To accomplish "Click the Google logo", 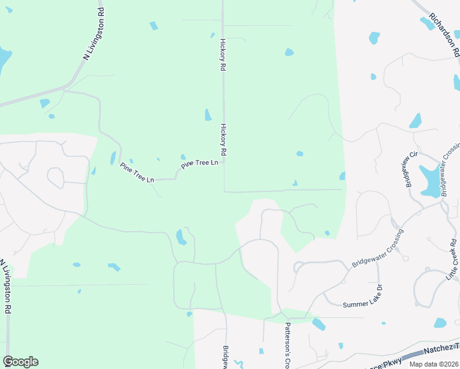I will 20,362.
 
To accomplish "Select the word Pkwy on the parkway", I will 392,360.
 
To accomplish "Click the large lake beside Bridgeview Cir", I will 432,180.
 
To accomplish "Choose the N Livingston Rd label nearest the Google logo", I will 7,287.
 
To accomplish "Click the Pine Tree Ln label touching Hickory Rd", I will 200,164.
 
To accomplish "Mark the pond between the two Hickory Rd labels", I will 208,115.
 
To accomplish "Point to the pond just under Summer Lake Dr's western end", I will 319,324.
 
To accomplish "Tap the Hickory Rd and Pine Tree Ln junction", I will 223,163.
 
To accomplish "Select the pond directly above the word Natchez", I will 440,322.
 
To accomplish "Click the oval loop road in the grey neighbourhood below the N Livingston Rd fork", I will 56,178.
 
